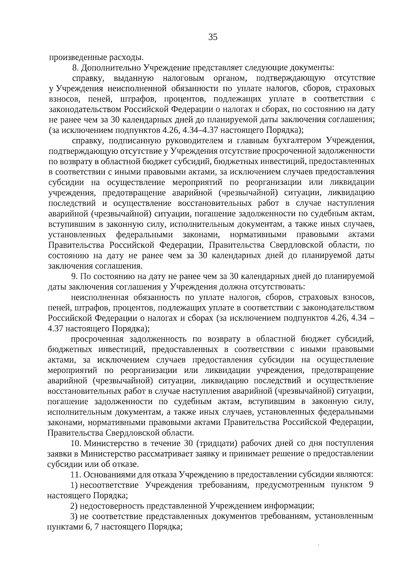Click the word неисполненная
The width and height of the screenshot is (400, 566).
click(100, 297)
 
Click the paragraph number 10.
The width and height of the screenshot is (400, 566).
click(76, 444)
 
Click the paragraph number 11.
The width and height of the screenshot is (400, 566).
click(76, 475)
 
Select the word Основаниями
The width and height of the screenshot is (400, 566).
click(107, 475)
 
